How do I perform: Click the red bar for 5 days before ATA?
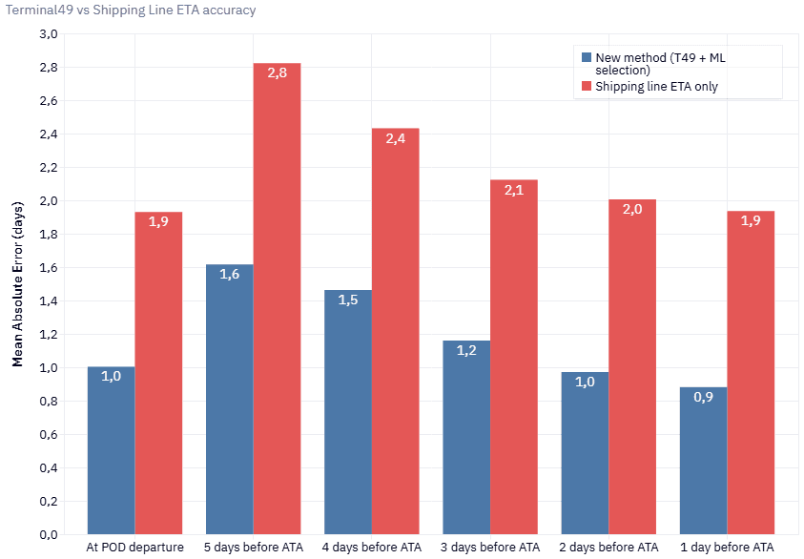(277, 305)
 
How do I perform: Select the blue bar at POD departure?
(111, 453)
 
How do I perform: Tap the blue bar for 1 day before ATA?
(703, 463)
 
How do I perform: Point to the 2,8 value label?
(277, 73)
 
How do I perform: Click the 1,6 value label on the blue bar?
(230, 275)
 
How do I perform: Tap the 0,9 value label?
(703, 397)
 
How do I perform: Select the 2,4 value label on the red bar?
(396, 138)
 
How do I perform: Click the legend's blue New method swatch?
(586, 58)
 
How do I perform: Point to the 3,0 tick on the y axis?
(48, 34)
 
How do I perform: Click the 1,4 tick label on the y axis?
(48, 301)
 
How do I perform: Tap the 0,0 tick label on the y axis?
(48, 534)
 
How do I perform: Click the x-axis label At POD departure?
(134, 548)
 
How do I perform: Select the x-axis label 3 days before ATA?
(490, 548)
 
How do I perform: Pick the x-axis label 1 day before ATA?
(727, 548)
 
